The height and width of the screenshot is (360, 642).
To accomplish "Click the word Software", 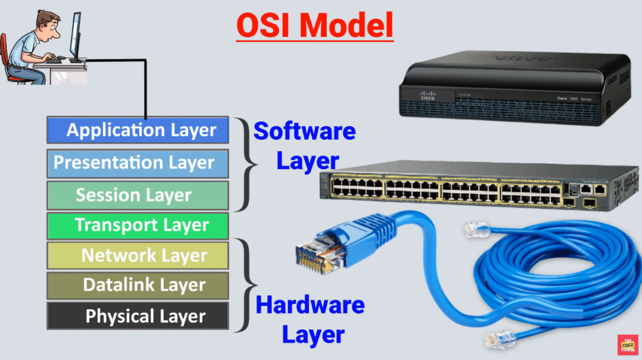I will (304, 132).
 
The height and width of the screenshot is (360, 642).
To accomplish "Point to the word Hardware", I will (310, 305).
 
